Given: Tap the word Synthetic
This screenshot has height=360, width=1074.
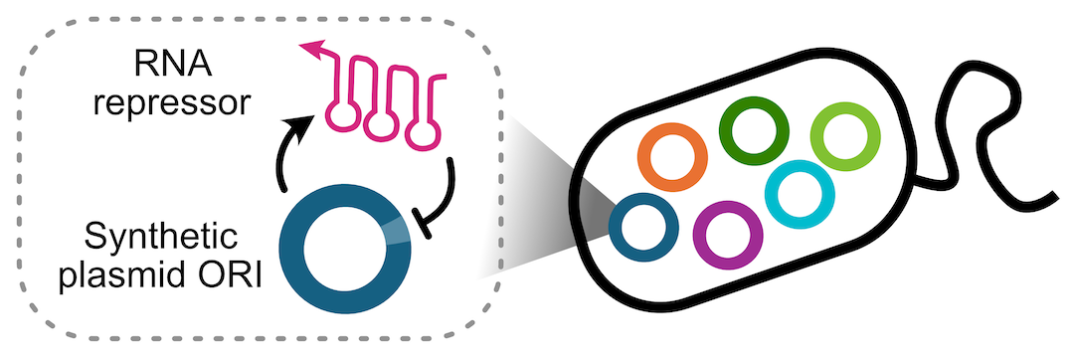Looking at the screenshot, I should (x=162, y=239).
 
